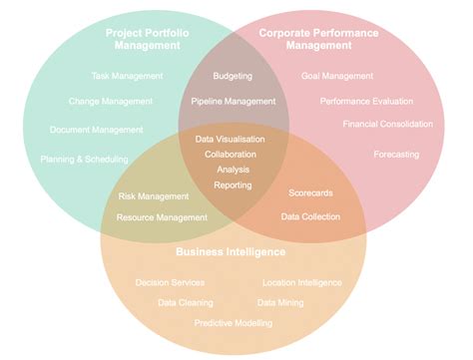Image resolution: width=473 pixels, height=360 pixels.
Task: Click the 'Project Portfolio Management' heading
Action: click(x=148, y=39)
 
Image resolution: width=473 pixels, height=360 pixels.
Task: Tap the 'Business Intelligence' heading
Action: click(x=231, y=252)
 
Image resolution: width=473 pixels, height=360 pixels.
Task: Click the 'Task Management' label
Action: click(x=126, y=76)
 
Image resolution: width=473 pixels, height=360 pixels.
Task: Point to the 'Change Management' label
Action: click(x=111, y=101)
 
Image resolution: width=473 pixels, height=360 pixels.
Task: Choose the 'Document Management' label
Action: click(x=97, y=130)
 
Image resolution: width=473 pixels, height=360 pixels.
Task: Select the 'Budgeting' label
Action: click(x=233, y=76)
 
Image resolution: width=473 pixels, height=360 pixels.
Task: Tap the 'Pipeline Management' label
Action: click(x=233, y=101)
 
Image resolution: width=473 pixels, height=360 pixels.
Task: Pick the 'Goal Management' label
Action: click(x=336, y=76)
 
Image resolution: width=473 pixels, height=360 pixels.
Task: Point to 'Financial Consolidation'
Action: click(x=387, y=125)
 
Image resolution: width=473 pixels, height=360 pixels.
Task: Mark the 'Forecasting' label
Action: click(x=396, y=155)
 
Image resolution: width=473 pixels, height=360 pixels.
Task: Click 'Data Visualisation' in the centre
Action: click(x=232, y=140)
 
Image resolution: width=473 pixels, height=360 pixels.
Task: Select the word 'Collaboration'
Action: click(x=232, y=155)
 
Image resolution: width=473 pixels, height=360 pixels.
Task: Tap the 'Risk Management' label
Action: click(x=153, y=196)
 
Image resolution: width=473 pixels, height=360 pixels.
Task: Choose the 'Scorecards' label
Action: click(x=311, y=192)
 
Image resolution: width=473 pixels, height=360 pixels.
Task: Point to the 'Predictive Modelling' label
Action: click(x=233, y=323)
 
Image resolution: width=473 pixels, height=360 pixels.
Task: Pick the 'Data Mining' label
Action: click(x=280, y=302)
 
